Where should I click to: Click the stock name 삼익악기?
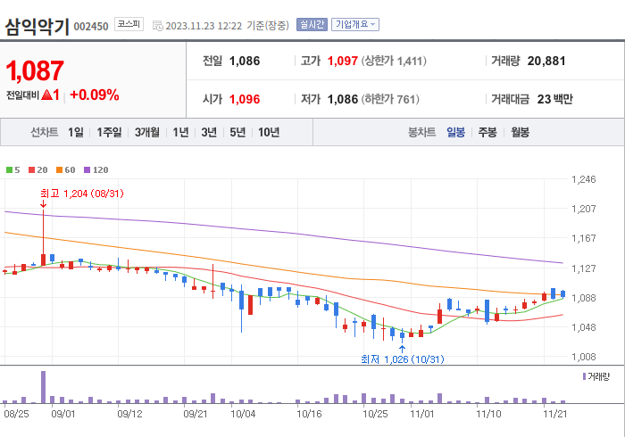pos(36,25)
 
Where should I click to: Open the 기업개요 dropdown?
pos(355,25)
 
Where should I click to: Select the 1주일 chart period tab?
pos(110,132)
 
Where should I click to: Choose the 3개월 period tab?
pos(147,132)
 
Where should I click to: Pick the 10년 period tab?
pos(268,132)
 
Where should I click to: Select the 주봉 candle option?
pos(487,132)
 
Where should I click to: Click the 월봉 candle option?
pos(520,132)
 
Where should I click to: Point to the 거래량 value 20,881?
pos(546,62)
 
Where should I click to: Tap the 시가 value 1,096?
pos(244,99)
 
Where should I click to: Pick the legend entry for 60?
pos(67,169)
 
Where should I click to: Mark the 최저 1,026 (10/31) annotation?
pos(402,359)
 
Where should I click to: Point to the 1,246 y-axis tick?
pos(583,180)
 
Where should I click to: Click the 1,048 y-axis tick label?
pos(583,327)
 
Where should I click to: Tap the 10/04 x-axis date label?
pos(243,414)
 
